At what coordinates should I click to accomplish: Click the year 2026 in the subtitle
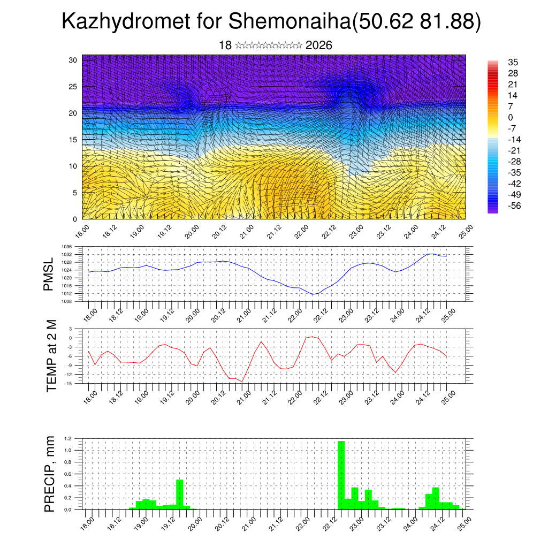tap(318, 45)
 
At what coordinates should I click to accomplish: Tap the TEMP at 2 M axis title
tap(51, 356)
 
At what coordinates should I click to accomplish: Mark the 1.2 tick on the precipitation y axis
tap(68, 439)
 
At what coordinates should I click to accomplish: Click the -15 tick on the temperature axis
tap(68, 383)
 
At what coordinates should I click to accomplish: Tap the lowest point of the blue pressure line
tap(314, 294)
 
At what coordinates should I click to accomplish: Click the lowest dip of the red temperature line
tap(242, 382)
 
